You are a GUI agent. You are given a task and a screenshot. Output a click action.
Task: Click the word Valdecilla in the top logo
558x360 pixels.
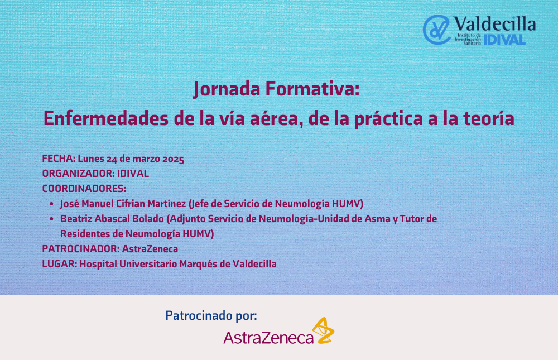click(494, 24)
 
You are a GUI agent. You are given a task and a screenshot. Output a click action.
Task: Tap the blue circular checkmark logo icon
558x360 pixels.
click(436, 30)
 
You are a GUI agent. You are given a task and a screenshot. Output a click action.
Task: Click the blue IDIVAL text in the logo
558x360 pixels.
click(504, 40)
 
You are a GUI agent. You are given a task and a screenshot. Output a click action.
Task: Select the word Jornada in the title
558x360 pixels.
click(227, 89)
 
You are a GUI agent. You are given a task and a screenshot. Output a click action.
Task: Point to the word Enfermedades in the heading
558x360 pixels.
click(105, 118)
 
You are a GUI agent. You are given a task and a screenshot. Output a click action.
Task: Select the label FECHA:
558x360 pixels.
click(59, 159)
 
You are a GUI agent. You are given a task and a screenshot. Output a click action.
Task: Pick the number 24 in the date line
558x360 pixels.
click(112, 159)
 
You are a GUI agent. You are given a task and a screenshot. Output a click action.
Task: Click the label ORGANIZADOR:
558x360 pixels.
click(78, 174)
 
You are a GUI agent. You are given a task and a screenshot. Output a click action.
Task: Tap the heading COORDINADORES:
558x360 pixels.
click(84, 188)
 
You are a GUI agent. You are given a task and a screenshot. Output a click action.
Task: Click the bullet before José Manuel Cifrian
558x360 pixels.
click(51, 204)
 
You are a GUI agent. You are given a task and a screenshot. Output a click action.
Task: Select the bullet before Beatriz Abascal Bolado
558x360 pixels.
click(51, 219)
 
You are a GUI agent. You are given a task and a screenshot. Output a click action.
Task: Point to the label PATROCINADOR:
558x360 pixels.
click(81, 249)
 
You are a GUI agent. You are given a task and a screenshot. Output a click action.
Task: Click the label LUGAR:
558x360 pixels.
click(60, 264)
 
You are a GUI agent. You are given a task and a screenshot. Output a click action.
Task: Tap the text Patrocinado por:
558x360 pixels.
click(211, 315)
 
